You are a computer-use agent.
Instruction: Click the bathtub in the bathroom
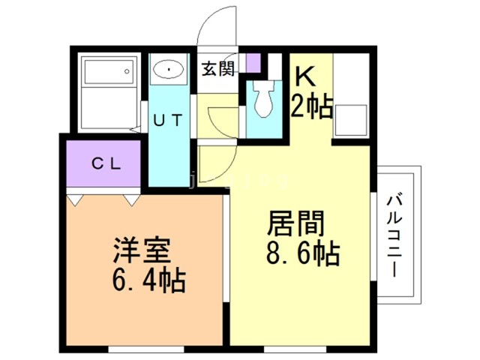108,73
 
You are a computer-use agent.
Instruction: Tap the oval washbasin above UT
171,70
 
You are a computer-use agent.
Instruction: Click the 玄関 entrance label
218,69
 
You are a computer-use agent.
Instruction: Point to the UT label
167,119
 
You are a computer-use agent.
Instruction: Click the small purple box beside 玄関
253,62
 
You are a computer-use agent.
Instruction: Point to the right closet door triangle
131,199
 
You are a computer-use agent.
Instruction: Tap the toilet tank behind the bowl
263,85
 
